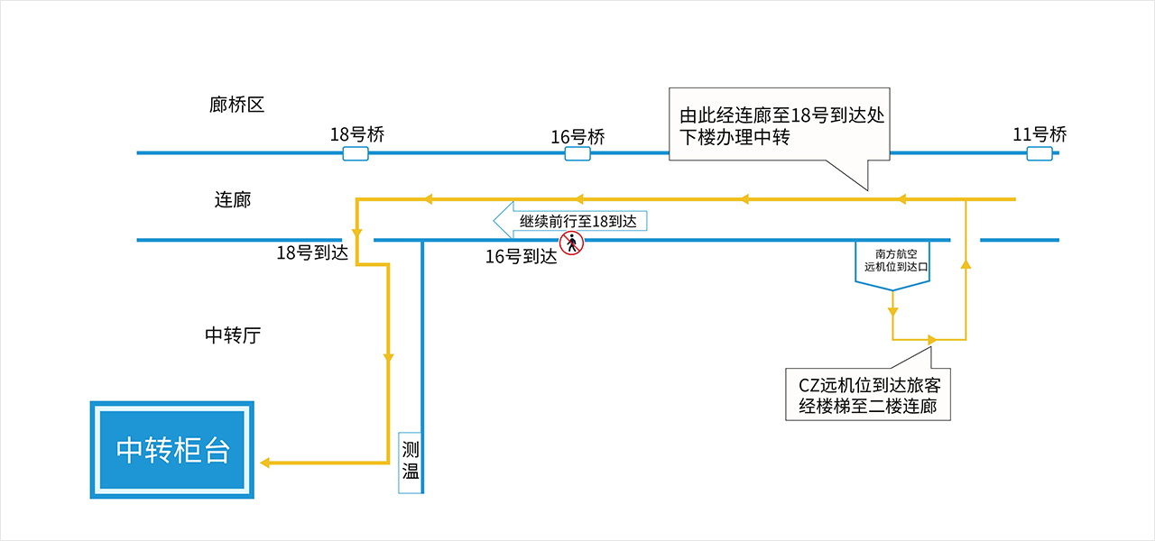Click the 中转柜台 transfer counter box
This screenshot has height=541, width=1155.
click(172, 450)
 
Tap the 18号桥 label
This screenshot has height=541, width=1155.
click(357, 134)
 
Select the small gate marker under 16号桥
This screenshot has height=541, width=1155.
click(577, 153)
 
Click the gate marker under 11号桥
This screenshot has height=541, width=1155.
click(1039, 153)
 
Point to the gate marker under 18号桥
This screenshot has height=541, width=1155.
click(356, 153)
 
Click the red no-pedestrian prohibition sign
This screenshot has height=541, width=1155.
click(572, 243)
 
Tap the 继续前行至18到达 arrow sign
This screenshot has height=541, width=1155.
click(570, 221)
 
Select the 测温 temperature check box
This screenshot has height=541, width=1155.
click(411, 463)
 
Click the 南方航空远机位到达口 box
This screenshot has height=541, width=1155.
click(892, 265)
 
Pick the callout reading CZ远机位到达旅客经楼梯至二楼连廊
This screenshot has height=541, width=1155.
click(868, 395)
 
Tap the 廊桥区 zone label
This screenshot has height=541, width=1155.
click(236, 105)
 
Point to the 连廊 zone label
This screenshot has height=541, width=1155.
click(233, 199)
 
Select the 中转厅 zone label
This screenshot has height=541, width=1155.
click(233, 335)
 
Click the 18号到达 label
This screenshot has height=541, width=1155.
click(312, 252)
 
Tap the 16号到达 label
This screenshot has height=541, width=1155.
click(522, 256)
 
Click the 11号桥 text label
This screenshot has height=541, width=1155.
click(1039, 134)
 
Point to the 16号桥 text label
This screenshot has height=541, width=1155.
click(578, 137)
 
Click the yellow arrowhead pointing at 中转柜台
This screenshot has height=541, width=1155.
click(265, 463)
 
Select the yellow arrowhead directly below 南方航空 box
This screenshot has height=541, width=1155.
click(893, 312)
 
